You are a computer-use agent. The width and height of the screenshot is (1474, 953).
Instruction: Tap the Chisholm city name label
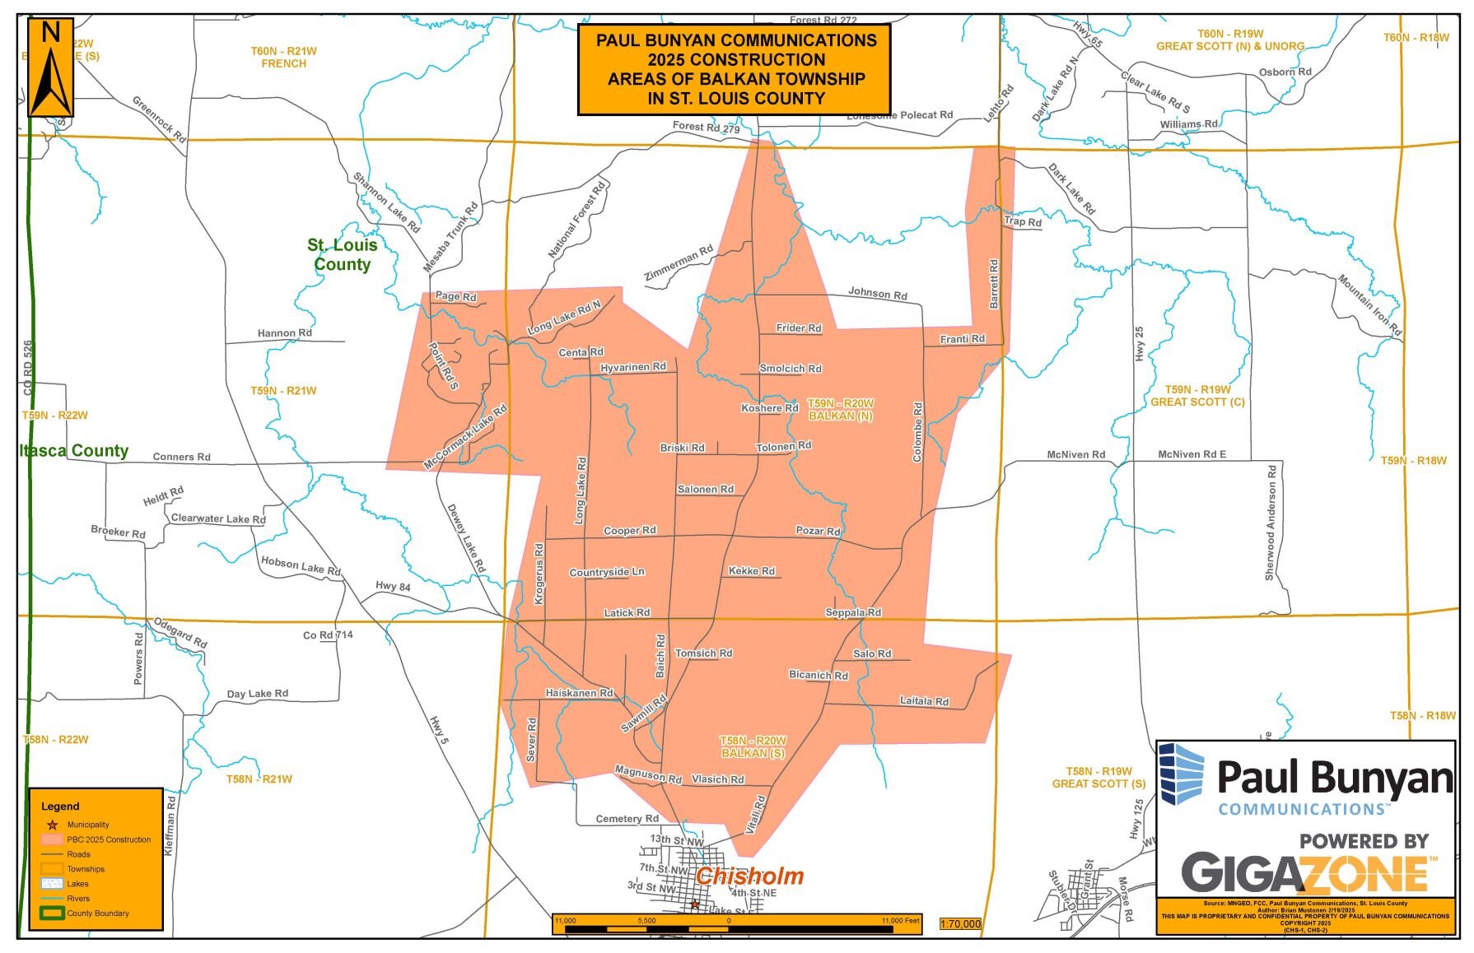(749, 876)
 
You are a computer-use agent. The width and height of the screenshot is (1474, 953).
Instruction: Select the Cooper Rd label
(630, 531)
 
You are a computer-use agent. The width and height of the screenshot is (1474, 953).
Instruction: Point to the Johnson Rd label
(878, 293)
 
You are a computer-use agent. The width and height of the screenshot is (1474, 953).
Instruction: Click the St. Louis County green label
(343, 254)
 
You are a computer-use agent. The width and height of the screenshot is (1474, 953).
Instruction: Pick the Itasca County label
(74, 450)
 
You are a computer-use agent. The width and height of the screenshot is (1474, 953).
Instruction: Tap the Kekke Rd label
(752, 570)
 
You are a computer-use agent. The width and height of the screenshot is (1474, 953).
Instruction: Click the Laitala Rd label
(924, 701)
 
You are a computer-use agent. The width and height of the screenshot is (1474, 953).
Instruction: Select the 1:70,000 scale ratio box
(960, 924)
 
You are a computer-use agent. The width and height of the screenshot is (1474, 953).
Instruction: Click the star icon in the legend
(52, 825)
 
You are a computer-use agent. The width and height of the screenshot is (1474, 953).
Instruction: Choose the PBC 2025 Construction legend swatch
(52, 839)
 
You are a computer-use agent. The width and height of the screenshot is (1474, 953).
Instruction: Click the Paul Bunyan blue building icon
(1182, 774)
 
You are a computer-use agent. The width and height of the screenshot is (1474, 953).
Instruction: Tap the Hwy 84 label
(393, 586)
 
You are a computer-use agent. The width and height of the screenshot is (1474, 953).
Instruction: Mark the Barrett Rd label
(994, 284)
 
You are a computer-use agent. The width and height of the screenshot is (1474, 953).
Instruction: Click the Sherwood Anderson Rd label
(1271, 523)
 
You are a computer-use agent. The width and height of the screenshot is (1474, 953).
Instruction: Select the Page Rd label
(456, 296)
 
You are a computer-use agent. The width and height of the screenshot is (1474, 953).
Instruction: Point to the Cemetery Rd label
(627, 819)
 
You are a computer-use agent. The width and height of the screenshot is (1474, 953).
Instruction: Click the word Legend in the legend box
(60, 807)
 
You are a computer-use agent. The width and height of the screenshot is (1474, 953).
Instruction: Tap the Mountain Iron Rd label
(1369, 304)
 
